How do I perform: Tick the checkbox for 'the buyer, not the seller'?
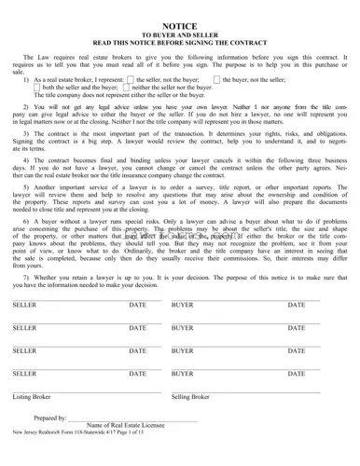215,80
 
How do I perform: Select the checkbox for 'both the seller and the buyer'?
38,88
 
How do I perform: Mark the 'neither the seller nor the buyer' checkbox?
131,88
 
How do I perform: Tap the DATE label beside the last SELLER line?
138,374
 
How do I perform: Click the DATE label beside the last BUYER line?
297,374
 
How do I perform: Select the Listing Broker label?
32,397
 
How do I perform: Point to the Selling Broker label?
191,397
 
